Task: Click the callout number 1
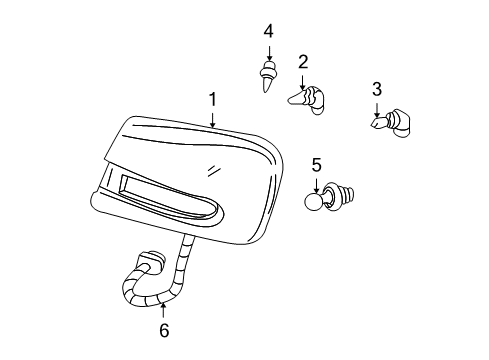[213, 100]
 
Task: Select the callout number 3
[377, 90]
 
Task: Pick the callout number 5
[317, 164]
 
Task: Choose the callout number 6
[164, 329]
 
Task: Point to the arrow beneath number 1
[213, 119]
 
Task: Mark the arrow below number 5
[317, 183]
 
